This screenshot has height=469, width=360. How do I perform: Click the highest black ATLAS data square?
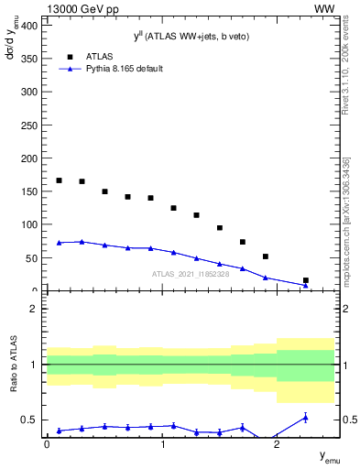pyautogui.click(x=59, y=180)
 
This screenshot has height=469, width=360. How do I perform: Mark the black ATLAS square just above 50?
pyautogui.click(x=265, y=256)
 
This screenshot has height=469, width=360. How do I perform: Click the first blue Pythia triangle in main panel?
pyautogui.click(x=59, y=243)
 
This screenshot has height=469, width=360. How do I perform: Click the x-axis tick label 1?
pyautogui.click(x=162, y=443)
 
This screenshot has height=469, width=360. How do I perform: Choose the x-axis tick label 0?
pyautogui.click(x=47, y=443)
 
